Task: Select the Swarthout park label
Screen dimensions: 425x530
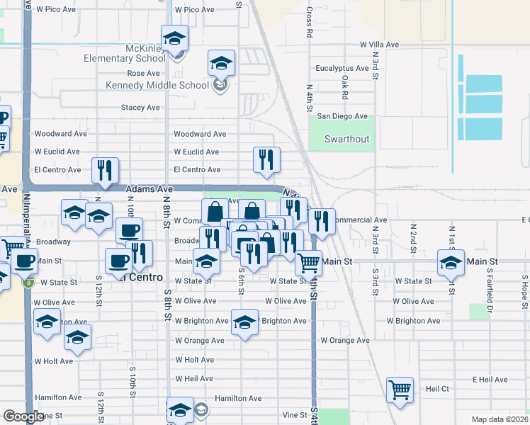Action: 347,139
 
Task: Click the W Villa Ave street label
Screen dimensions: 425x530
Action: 379,45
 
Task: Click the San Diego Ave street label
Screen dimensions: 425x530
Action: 342,116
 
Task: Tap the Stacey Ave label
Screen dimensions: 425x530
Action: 140,108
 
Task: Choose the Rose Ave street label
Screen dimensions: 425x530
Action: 143,74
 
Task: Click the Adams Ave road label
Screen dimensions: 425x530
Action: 150,190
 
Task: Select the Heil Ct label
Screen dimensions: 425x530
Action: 437,389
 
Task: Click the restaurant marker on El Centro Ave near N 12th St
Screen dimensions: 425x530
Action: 105,170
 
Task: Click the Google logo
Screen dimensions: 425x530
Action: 23,416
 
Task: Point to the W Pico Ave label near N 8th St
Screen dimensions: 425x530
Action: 194,10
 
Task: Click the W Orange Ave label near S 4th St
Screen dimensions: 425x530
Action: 344,341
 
